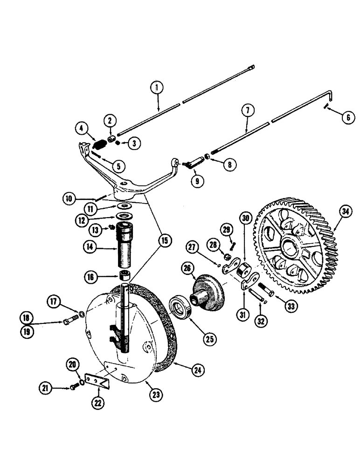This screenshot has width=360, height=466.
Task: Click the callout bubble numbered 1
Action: tap(158, 87)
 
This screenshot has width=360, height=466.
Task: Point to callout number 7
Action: tap(248, 112)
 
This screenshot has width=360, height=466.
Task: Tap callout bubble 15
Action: tap(165, 240)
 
